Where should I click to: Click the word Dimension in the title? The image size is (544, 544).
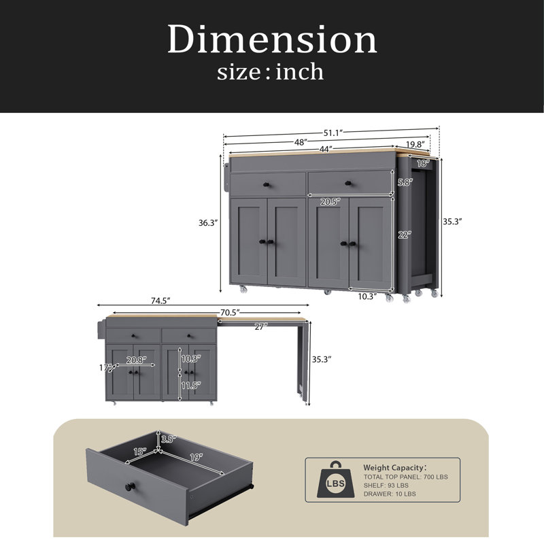(272, 39)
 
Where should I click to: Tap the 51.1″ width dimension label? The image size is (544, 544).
(333, 133)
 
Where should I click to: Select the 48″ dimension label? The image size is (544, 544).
(301, 142)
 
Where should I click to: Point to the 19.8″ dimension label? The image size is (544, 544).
(413, 144)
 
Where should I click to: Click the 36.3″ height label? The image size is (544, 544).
(208, 223)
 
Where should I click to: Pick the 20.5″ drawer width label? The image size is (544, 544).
(330, 202)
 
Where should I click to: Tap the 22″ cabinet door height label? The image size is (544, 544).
(404, 235)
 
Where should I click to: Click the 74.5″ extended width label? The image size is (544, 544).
(160, 301)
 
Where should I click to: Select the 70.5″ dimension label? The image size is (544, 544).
(230, 313)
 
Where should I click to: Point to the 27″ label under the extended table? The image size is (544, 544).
(261, 327)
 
